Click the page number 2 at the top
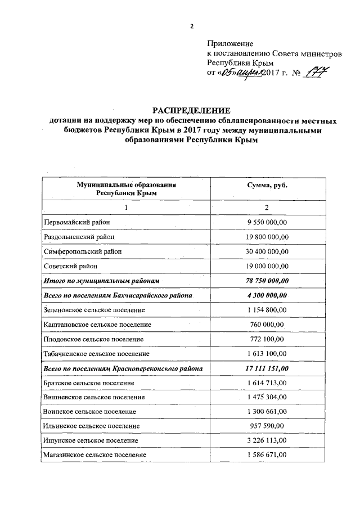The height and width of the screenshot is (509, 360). tap(192, 26)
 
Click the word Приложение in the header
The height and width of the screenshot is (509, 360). tap(230, 43)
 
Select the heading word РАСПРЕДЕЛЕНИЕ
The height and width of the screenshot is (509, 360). tap(191, 110)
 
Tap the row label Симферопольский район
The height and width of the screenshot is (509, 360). tap(82, 251)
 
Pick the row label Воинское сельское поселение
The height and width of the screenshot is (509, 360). tap(89, 412)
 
